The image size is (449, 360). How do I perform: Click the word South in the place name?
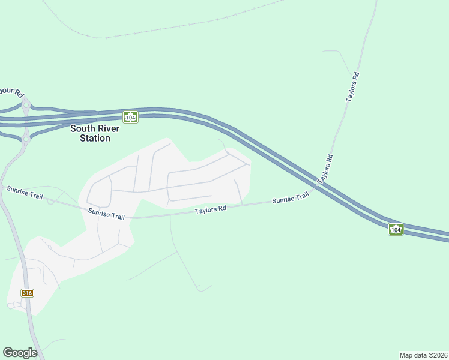82,128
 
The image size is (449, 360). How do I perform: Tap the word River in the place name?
109,128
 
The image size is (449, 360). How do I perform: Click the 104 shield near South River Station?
130,117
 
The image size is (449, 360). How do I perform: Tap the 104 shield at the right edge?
395,229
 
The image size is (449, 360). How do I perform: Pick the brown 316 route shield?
27,293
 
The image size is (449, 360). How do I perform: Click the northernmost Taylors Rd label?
353,86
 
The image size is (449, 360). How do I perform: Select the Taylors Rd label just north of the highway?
325,169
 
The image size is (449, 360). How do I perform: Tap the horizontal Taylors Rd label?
210,209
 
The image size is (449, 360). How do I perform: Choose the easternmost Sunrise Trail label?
290,198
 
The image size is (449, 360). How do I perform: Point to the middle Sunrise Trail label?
106,214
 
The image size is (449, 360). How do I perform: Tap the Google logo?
20,352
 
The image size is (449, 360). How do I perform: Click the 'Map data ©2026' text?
423,355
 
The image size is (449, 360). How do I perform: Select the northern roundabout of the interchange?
26,106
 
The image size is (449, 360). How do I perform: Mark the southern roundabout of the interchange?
25,139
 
